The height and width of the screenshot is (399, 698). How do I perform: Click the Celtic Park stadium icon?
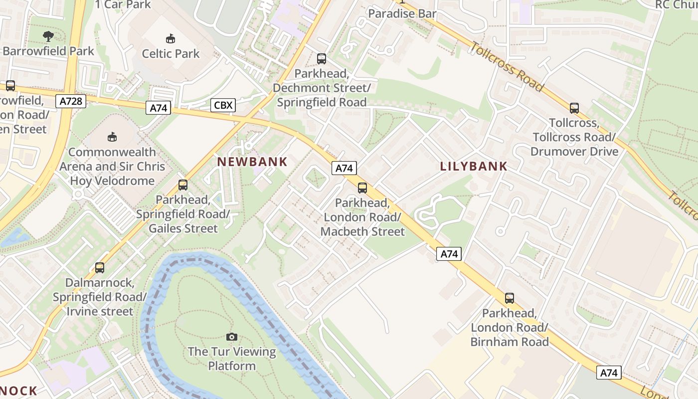171,38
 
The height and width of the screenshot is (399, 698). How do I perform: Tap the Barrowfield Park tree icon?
48,36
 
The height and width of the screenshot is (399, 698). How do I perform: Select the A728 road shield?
70,102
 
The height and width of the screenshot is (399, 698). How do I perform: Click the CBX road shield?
222,105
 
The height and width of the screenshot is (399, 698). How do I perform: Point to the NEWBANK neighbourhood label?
252,162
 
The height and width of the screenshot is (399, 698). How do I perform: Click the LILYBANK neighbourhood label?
474,166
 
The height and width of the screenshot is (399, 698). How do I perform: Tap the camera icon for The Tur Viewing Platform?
232,337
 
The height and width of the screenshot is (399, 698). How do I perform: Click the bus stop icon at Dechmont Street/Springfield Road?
322,59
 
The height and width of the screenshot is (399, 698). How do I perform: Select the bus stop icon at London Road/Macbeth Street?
362,188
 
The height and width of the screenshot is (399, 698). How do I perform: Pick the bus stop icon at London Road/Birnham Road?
509,298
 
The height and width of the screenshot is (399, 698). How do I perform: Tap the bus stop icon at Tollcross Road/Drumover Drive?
574,108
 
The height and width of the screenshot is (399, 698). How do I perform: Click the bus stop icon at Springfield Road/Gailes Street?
183,185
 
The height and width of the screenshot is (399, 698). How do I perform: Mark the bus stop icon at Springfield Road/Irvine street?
100,268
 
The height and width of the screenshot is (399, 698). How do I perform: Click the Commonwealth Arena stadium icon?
112,137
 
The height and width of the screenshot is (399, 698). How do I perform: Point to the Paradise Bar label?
402,13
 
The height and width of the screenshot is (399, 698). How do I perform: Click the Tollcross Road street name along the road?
507,66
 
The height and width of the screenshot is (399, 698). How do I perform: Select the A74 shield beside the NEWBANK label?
344,169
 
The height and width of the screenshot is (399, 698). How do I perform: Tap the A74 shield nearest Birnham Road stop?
609,373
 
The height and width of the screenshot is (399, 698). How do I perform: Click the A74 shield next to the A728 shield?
158,108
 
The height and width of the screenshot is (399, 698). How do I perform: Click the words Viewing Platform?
231,359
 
